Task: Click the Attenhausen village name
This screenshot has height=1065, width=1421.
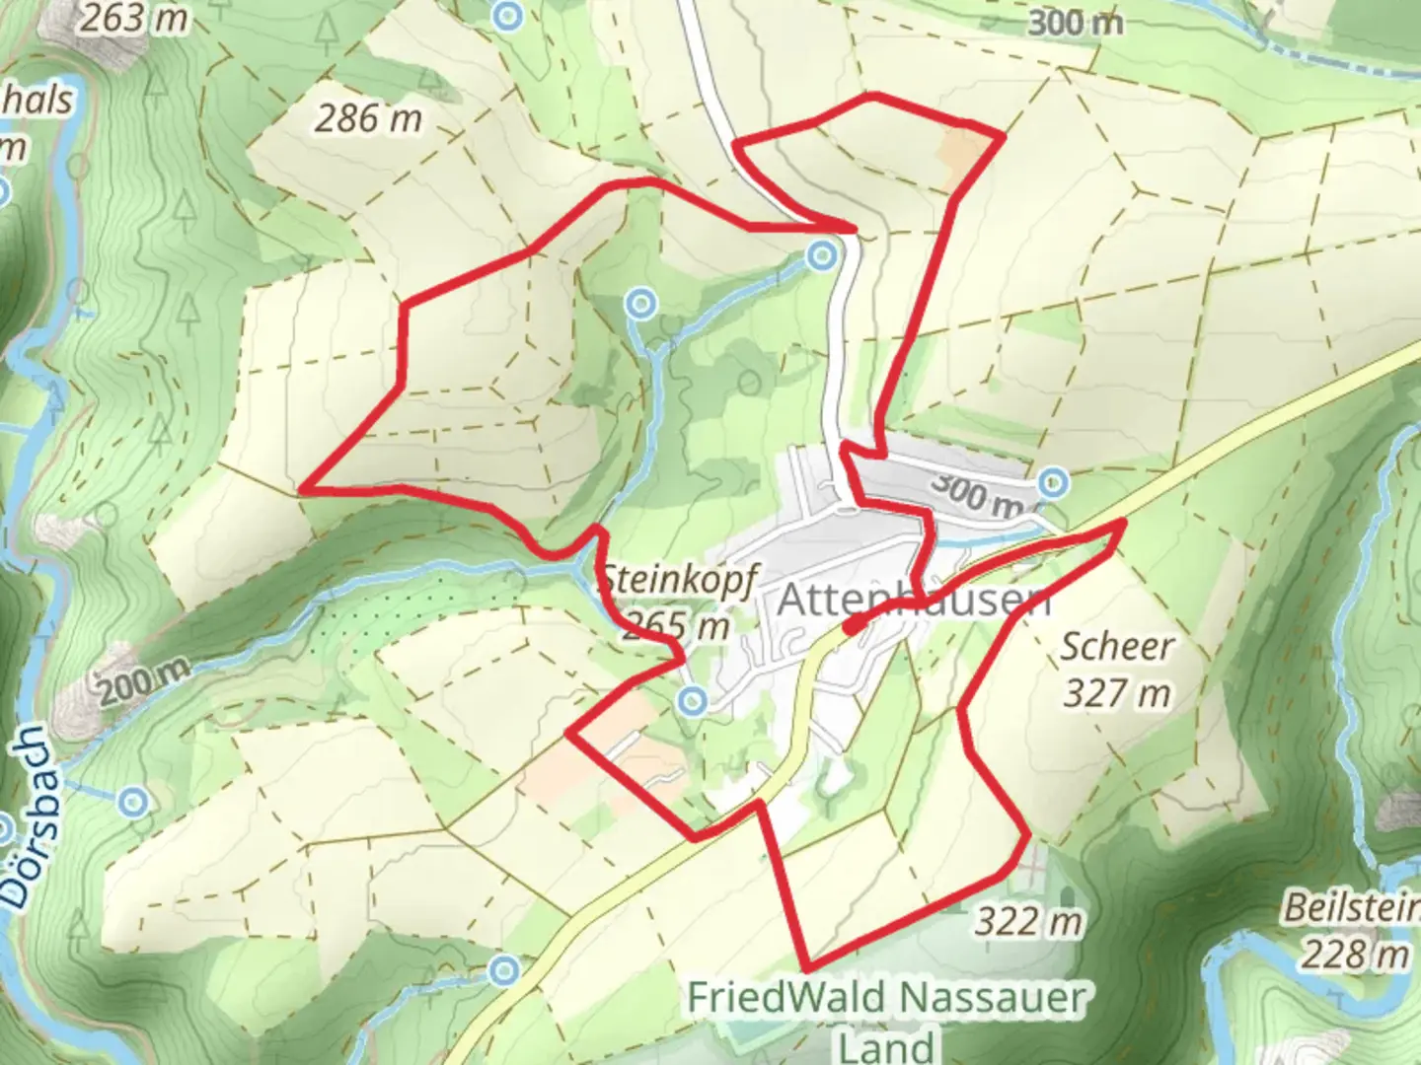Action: [x=914, y=600]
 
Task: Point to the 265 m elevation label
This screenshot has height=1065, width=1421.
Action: [x=677, y=625]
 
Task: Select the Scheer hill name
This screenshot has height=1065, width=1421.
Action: [x=1117, y=647]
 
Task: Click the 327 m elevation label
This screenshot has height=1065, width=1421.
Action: [x=1117, y=693]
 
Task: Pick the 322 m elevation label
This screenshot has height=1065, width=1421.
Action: [x=1029, y=922]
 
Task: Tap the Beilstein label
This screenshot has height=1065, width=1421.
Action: [x=1351, y=907]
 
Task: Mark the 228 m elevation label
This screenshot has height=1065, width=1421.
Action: [x=1354, y=954]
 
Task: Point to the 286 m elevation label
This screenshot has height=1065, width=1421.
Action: [x=368, y=118]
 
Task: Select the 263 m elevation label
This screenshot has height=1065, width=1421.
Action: [x=133, y=18]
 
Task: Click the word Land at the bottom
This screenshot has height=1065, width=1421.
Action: [x=887, y=1045]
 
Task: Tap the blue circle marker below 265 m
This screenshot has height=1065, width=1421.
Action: [x=693, y=701]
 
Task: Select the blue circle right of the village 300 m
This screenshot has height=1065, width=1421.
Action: [x=1054, y=483]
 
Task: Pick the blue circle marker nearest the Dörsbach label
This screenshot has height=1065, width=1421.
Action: [x=133, y=802]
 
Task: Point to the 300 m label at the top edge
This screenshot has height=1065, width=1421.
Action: [x=1075, y=22]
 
